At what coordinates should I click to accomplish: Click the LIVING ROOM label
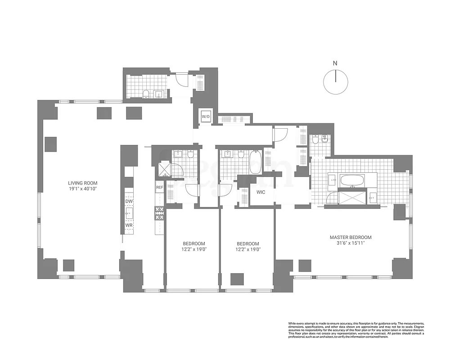coord(82,183)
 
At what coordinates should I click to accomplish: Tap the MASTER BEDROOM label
coord(351,237)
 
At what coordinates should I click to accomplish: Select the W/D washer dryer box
coord(206,117)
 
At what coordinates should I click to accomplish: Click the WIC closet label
coord(261,192)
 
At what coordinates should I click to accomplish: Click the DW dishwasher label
coord(129,202)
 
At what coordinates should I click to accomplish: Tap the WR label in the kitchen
coord(129,225)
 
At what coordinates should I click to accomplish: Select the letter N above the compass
coord(335,63)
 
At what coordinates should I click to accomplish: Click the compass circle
coord(336,83)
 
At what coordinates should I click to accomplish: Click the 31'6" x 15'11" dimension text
coord(351,243)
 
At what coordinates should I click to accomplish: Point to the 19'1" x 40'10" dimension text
coord(82,189)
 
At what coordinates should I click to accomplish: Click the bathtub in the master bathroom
coord(352,181)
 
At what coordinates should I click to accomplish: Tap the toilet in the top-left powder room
coord(146,94)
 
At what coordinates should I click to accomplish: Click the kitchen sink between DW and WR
coord(129,213)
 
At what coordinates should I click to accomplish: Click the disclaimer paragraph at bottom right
coord(356,331)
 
